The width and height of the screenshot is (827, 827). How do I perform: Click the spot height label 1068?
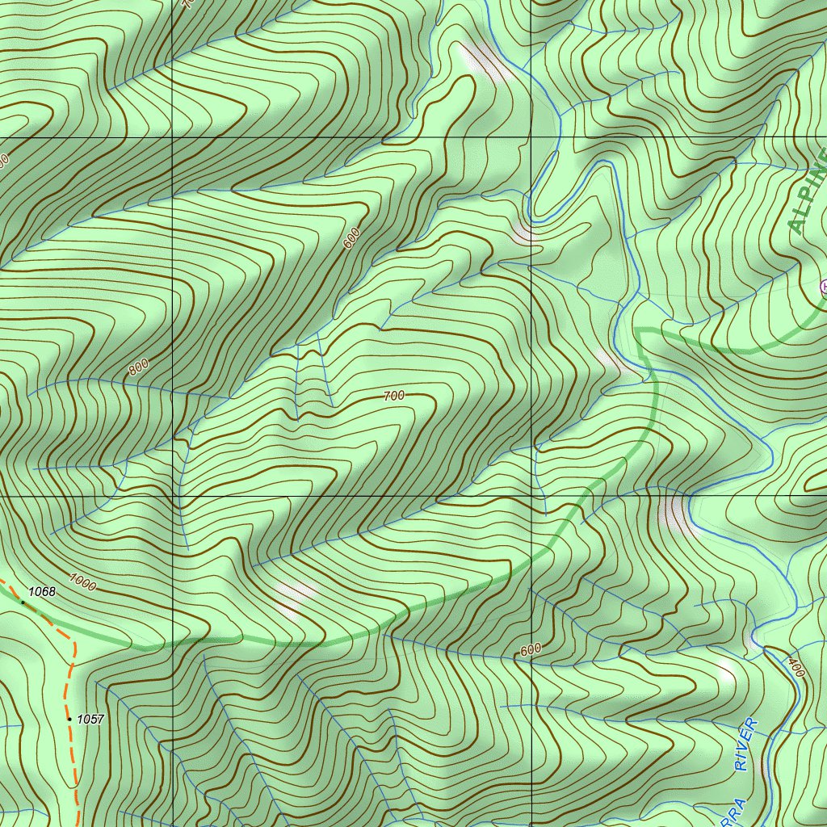[x=41, y=592]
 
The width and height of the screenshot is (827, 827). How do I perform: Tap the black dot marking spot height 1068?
[x=23, y=602]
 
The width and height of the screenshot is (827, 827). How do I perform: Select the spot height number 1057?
[x=90, y=719]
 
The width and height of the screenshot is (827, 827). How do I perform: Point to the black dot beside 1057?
[x=69, y=718]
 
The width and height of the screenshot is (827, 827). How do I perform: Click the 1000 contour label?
[x=82, y=581]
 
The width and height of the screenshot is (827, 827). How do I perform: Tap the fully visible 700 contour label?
[x=393, y=396]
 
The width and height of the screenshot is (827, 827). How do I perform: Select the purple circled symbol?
[x=824, y=286]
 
